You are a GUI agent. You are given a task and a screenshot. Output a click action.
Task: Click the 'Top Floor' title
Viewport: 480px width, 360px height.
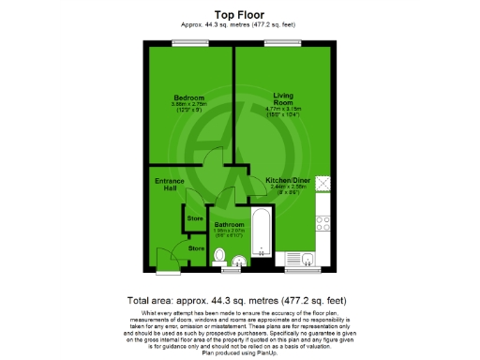pos(240,15)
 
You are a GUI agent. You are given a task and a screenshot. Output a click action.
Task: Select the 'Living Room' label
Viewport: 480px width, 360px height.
pos(282,97)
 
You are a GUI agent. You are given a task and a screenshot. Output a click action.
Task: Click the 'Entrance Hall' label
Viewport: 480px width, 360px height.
pos(166,185)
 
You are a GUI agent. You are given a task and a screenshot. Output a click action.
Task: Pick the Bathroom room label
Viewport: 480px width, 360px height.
pos(230,225)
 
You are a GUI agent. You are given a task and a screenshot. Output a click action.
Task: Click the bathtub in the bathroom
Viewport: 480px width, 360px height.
pos(262,239)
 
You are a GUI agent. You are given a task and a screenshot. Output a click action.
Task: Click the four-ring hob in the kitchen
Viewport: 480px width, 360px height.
pos(323,224)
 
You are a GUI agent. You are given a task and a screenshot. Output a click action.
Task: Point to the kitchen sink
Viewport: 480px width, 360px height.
pos(299,258)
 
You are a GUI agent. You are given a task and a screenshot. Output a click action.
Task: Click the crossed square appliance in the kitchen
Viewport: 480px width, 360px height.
pos(323,184)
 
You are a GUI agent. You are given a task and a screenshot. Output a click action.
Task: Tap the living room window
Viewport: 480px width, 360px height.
pos(278,43)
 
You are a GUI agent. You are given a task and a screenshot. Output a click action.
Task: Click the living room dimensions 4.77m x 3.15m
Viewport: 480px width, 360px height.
pos(282,110)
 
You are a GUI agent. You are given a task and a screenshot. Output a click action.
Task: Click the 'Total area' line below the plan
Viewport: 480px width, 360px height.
pos(240,301)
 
